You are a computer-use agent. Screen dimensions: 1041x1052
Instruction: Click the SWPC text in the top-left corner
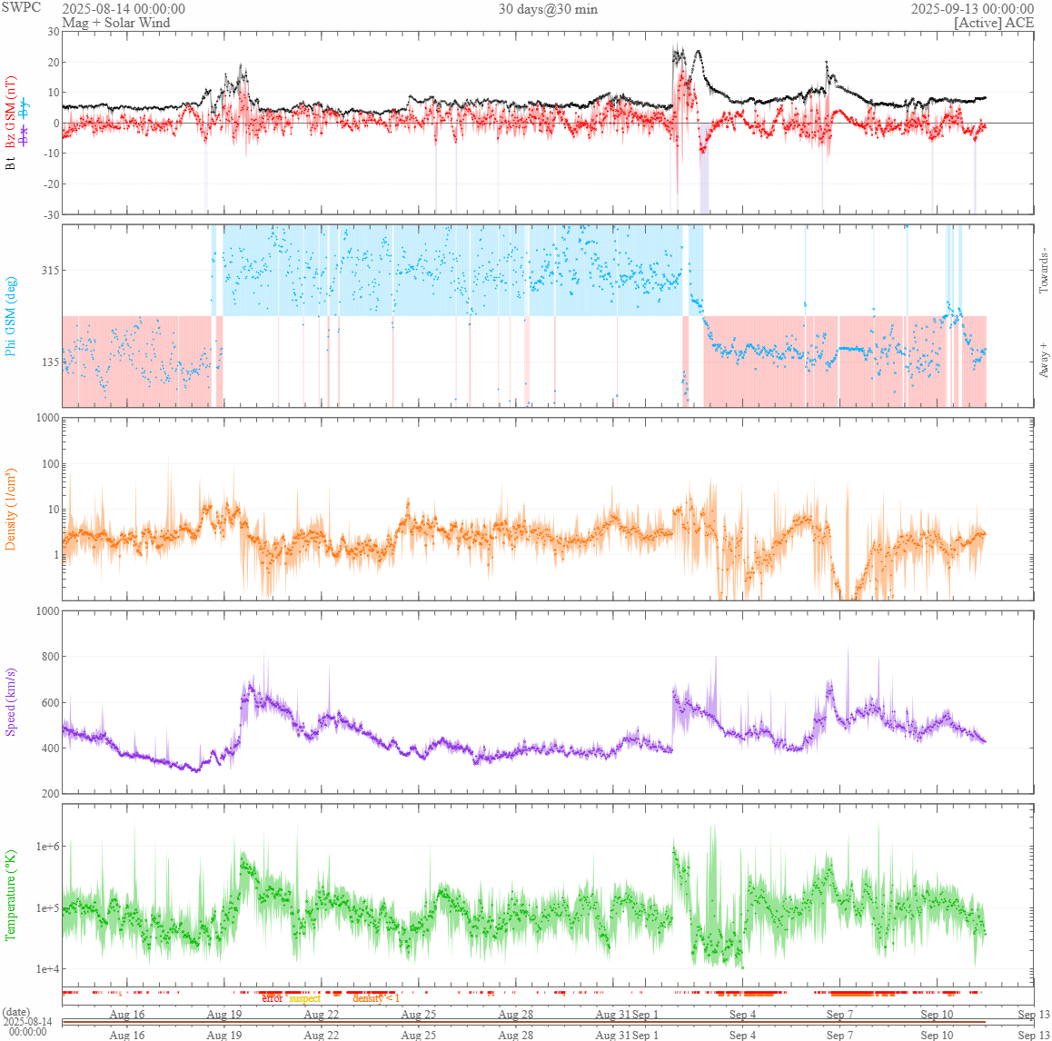click(x=22, y=7)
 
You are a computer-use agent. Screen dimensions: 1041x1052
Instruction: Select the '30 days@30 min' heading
click(x=548, y=9)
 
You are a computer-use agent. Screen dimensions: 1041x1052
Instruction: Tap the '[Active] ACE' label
click(x=994, y=23)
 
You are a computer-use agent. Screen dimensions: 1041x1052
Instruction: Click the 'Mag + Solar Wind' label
click(x=115, y=23)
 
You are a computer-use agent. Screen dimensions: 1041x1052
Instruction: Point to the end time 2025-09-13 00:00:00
click(x=972, y=9)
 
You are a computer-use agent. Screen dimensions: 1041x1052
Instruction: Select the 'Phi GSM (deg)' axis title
click(x=12, y=316)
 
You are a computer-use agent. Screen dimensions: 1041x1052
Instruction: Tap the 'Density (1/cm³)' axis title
click(x=12, y=510)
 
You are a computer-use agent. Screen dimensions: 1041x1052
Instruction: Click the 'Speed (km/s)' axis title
click(x=12, y=702)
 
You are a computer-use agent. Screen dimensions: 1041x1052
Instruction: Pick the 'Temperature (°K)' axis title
click(x=12, y=895)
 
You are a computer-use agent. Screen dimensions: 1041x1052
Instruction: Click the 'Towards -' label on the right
click(x=1044, y=271)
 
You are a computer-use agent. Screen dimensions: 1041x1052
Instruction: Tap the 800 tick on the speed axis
click(x=48, y=657)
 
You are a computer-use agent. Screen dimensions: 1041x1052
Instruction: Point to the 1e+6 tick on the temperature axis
click(x=46, y=847)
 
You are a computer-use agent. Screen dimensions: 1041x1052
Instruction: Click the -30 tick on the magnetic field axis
click(x=50, y=214)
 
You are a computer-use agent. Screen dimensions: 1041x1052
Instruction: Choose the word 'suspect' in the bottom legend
click(x=305, y=998)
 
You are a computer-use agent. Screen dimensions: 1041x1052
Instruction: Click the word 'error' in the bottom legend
click(x=272, y=998)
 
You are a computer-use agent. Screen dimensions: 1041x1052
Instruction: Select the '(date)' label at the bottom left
click(x=15, y=1012)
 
